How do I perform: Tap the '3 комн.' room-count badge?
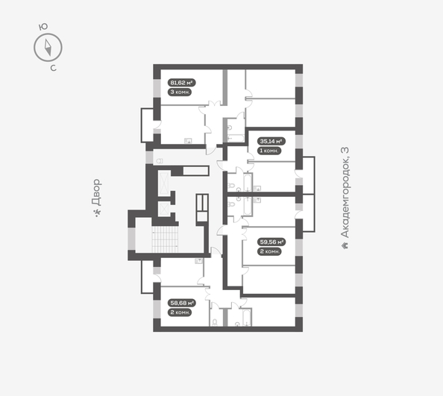(x=180, y=92)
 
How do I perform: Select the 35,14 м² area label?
(x=269, y=140)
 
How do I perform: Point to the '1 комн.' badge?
(x=269, y=150)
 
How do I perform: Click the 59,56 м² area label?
(x=269, y=242)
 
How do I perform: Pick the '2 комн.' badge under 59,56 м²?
(x=269, y=251)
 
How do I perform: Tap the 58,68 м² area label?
(x=181, y=303)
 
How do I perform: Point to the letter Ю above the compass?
(x=43, y=26)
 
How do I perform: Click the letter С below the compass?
(x=53, y=69)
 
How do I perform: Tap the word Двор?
(x=97, y=192)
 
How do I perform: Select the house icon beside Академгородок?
(x=345, y=245)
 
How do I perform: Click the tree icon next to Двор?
(x=97, y=215)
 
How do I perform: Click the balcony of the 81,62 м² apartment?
(x=147, y=124)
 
